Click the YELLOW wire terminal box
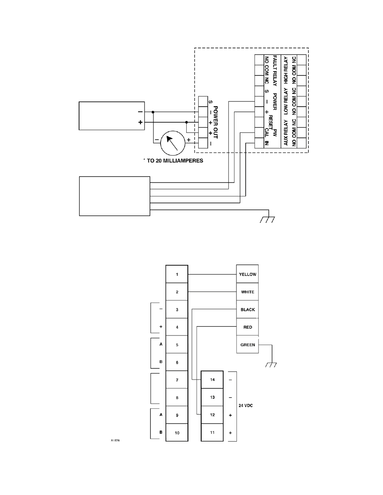[x=247, y=274]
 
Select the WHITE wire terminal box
[x=247, y=291]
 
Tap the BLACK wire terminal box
[x=247, y=309]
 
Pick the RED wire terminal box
[x=247, y=327]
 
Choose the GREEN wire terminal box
[x=247, y=344]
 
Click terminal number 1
[x=177, y=274]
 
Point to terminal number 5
[x=177, y=344]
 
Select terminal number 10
[x=177, y=432]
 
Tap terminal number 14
[x=212, y=380]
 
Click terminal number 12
[x=212, y=415]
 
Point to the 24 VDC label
[x=246, y=406]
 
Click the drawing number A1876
[x=115, y=440]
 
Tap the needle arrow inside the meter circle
[x=172, y=143]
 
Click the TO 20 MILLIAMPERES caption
[x=175, y=161]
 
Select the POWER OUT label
[x=216, y=122]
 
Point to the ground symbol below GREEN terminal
[x=271, y=365]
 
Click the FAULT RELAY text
[x=275, y=71]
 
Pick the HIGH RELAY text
[x=285, y=70]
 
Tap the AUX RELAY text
[x=285, y=133]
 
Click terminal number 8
[x=177, y=398]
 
